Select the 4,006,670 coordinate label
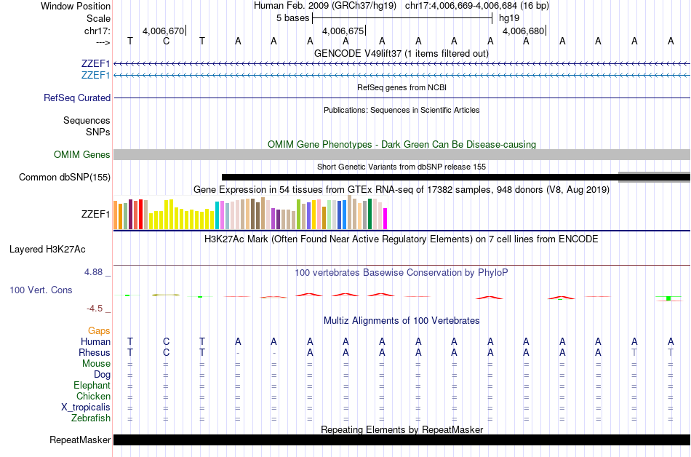tap(163, 31)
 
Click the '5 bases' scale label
tap(292, 17)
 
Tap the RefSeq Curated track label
tap(77, 98)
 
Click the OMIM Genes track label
tap(82, 154)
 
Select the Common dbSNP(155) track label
tap(65, 177)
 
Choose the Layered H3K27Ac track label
tap(47, 249)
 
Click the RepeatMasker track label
tap(80, 440)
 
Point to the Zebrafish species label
tap(91, 418)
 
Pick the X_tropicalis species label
tap(86, 408)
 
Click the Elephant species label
tap(92, 385)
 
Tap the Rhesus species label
tap(95, 352)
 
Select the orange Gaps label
tap(99, 330)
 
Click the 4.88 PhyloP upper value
tap(95, 272)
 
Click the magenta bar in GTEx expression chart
tap(385, 218)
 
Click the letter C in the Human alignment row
tap(166, 341)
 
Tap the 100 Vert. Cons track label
tap(41, 290)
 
